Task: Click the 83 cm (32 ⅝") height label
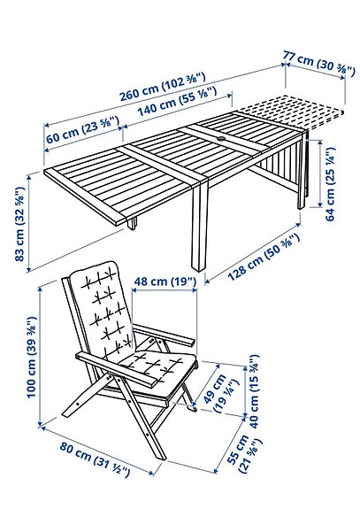(19, 222)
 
